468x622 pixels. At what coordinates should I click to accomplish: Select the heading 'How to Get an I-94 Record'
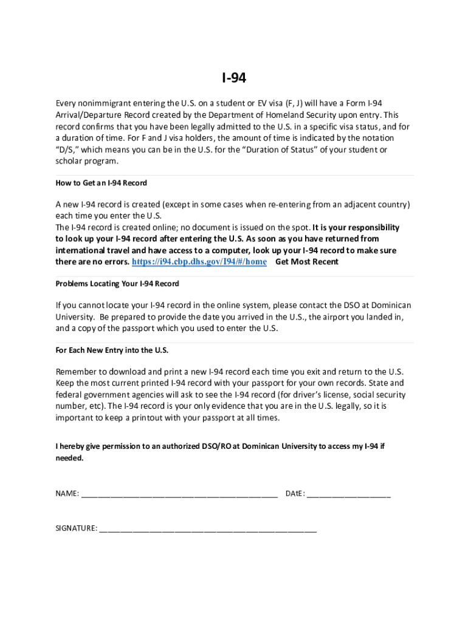click(x=102, y=183)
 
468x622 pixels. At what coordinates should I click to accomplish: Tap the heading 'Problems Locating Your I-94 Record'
click(x=117, y=284)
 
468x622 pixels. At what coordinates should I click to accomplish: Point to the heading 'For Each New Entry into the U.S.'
click(x=112, y=350)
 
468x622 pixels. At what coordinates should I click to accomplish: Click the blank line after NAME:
click(x=179, y=494)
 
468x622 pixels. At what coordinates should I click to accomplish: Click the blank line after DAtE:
click(x=349, y=494)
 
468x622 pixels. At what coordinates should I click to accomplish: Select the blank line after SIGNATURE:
click(x=208, y=528)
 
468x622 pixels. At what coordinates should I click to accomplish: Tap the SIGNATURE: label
click(x=77, y=528)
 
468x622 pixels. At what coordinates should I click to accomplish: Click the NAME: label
click(x=67, y=494)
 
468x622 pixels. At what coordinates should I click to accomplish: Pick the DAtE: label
click(x=295, y=494)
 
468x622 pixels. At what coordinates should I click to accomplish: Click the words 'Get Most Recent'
click(x=307, y=262)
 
